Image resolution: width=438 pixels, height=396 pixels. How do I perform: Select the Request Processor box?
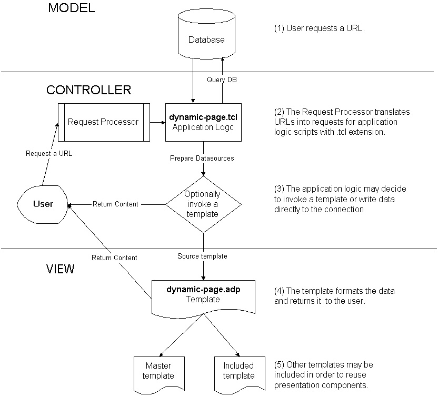[103, 122]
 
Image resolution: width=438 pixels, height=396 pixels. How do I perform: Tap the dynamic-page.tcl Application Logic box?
[203, 122]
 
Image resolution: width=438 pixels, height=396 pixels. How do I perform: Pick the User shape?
[44, 203]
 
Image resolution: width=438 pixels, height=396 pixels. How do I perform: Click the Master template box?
[154, 372]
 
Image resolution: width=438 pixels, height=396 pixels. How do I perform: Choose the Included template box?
[238, 372]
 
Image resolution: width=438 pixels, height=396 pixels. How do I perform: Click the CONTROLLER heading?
[88, 90]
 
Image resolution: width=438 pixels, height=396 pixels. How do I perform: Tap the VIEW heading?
[61, 269]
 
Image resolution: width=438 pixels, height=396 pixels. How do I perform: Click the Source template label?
[202, 256]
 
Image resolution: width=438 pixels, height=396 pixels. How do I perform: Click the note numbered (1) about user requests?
[320, 28]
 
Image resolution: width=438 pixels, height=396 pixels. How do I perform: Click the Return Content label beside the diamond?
[115, 204]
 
